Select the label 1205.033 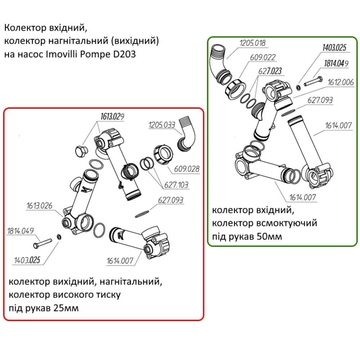pos(162,125)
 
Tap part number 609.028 pos(186,169)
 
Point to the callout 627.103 pos(176,185)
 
